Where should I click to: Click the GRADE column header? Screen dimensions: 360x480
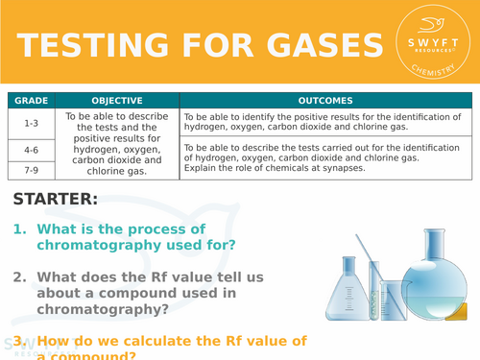click(x=30, y=100)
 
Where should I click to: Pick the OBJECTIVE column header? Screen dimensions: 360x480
click(x=116, y=100)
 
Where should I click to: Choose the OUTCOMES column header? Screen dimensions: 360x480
click(x=325, y=100)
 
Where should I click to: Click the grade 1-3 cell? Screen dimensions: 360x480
click(x=30, y=122)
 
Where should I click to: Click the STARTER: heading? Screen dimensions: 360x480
click(x=56, y=200)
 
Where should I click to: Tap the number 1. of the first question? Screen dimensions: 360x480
click(x=19, y=229)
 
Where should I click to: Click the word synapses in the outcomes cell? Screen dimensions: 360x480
click(x=344, y=168)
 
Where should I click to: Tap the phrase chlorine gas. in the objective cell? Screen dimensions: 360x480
click(x=116, y=172)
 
